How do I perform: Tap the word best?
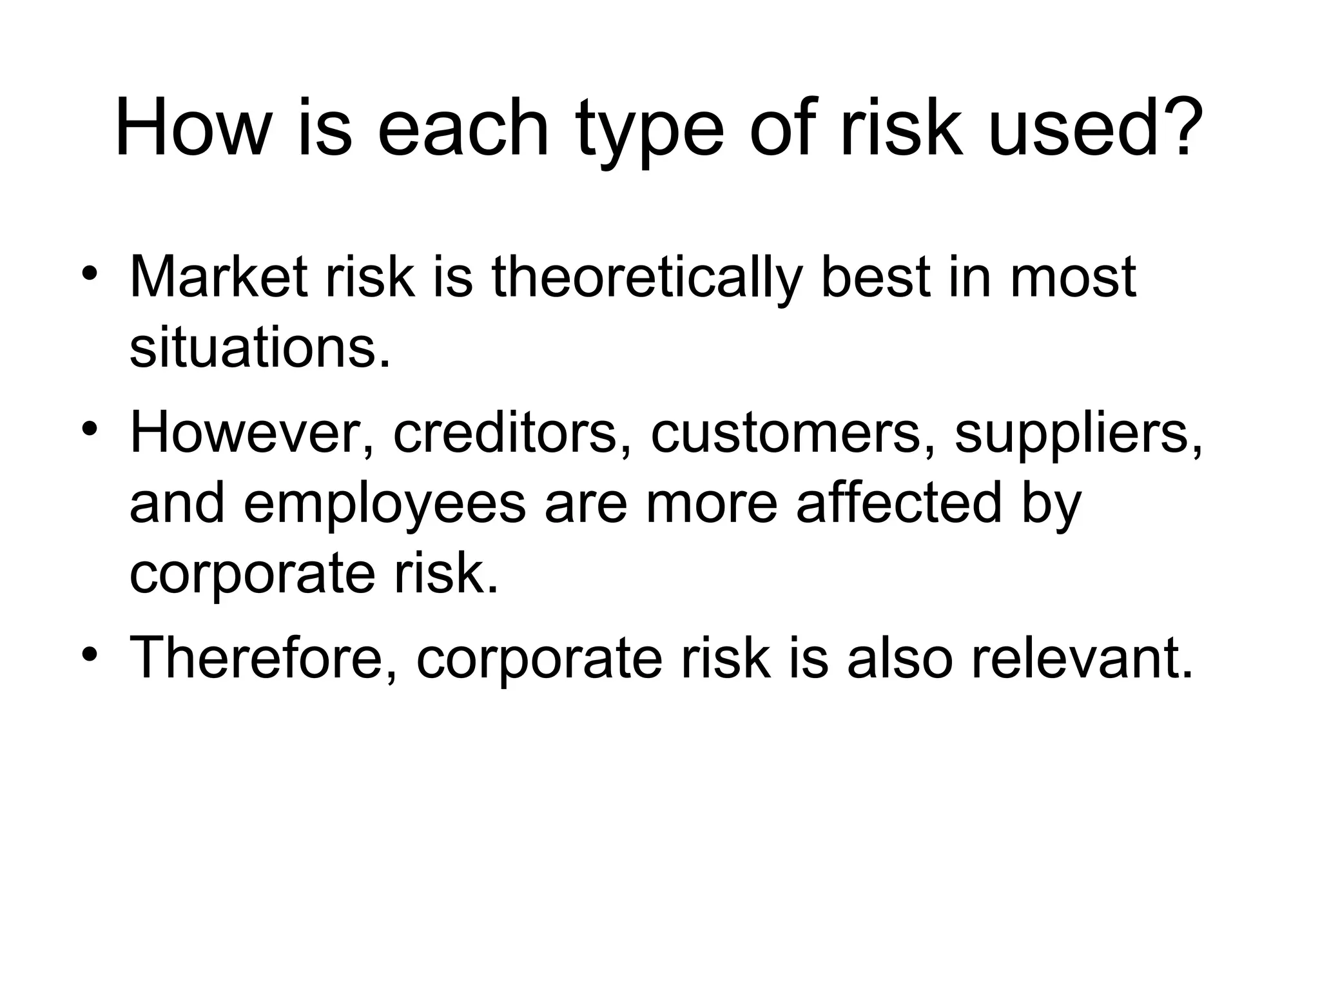point(875,277)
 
